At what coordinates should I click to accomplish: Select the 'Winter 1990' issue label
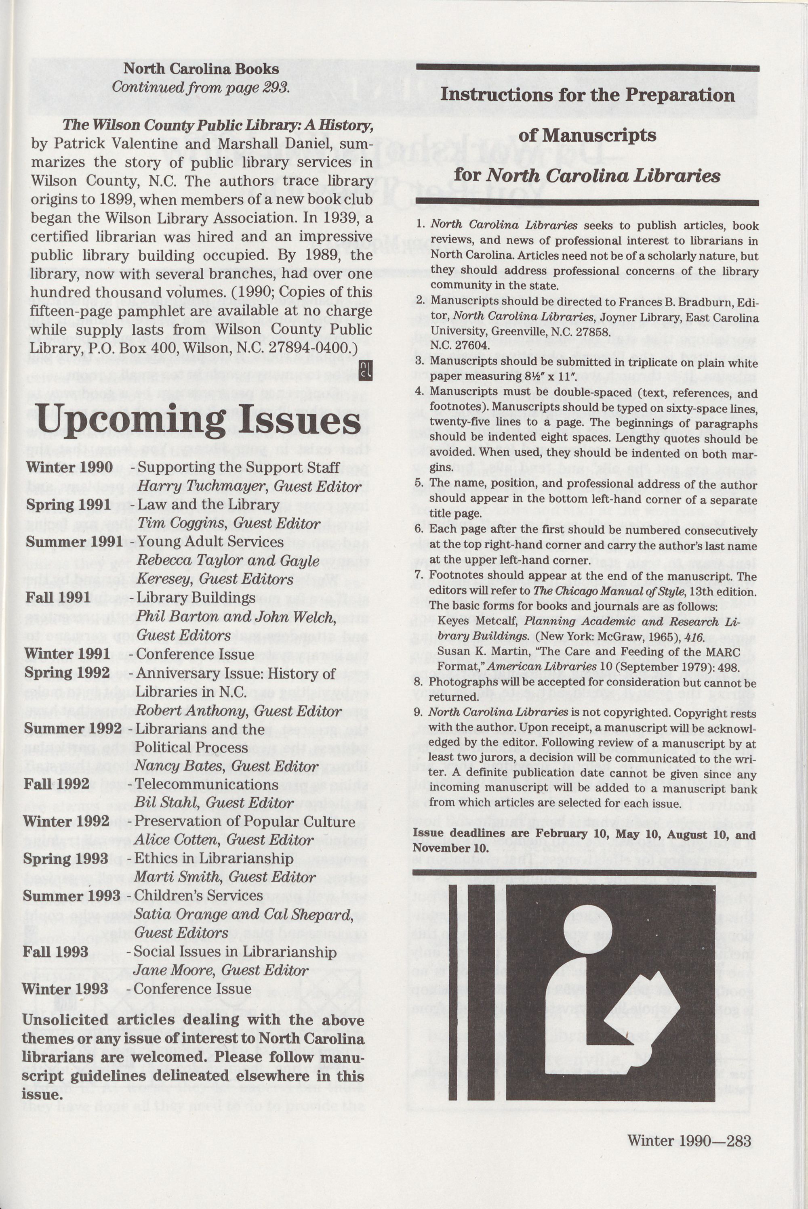[69, 467]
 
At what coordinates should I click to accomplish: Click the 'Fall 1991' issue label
[58, 597]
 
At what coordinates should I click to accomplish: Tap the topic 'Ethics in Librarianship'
[213, 858]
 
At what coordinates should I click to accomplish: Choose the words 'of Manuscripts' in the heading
[587, 135]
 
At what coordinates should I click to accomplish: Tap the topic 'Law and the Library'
[208, 505]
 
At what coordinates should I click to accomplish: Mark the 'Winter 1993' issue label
[65, 989]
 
